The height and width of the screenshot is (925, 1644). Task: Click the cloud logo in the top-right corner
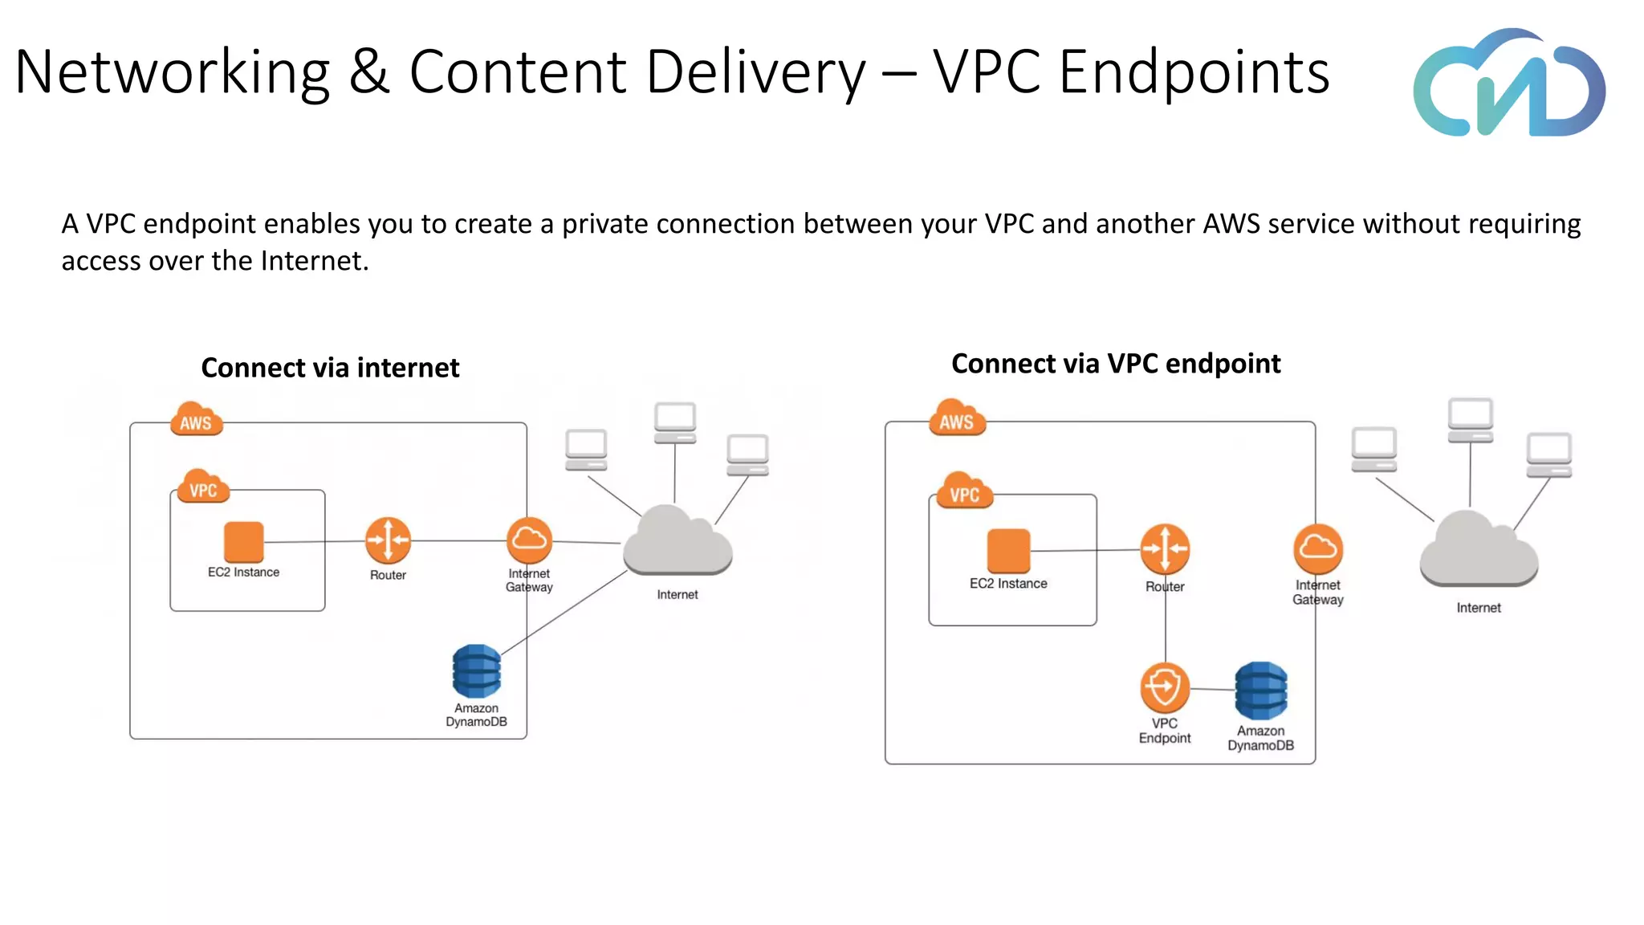point(1508,84)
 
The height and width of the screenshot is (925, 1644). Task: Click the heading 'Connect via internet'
point(330,368)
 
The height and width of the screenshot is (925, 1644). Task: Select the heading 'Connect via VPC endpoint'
point(1115,364)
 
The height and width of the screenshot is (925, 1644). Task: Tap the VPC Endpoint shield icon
point(1164,687)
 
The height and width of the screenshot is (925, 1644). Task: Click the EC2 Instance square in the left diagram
point(244,542)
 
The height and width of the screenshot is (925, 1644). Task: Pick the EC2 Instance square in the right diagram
point(1008,551)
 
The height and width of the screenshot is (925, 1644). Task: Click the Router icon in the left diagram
point(388,540)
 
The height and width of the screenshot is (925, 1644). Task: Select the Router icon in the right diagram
point(1165,549)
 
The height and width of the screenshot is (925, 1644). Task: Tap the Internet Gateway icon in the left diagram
point(529,540)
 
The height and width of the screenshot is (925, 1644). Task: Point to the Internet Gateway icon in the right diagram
point(1317,549)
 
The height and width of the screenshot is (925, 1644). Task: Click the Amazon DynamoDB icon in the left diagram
point(476,671)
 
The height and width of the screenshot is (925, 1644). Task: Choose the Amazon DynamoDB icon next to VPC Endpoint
point(1260,691)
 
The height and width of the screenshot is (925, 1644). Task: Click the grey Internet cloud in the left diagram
point(677,542)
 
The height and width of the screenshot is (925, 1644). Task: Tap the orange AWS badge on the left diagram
point(196,420)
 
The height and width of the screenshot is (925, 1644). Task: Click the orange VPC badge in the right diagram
point(964,492)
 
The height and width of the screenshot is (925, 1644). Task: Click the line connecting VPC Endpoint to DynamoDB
point(1212,689)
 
